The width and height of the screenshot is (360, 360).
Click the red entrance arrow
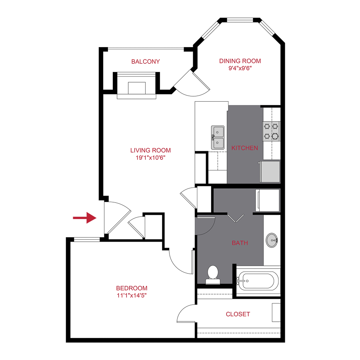point(85,218)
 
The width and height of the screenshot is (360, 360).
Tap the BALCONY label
point(146,62)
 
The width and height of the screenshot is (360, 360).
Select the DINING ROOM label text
point(240,61)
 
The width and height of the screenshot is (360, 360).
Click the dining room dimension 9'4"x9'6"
point(240,68)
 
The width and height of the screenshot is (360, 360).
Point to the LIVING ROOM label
point(150,150)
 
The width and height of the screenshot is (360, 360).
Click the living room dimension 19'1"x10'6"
point(150,158)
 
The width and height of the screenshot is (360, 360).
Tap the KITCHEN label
point(245,148)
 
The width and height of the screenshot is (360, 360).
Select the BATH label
point(240,243)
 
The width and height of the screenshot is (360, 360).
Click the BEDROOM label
point(132,288)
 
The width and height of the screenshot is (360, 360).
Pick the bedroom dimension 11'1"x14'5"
point(132,296)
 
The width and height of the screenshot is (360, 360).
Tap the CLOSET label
point(238,314)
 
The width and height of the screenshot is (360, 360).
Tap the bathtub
point(257,281)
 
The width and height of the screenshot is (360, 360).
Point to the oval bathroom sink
point(272,241)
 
